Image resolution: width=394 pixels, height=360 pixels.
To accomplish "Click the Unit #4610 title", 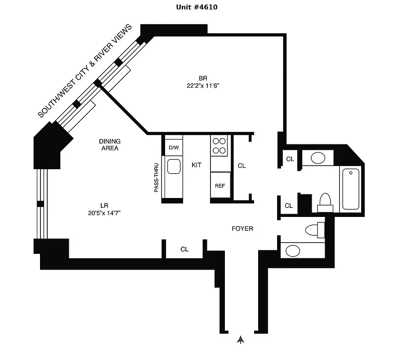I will [x=197, y=7].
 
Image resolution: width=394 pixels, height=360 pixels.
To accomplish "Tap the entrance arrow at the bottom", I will [x=241, y=340].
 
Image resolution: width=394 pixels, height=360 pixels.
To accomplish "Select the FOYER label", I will [x=242, y=229].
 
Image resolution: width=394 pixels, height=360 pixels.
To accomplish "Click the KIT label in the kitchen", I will [x=197, y=165].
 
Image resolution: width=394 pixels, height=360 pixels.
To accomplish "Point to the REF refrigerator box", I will [x=220, y=186].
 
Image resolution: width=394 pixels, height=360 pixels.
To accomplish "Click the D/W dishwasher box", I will [x=174, y=148].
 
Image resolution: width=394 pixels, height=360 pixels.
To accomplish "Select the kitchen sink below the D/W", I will [x=174, y=167].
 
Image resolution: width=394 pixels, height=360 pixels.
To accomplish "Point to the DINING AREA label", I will [x=110, y=144].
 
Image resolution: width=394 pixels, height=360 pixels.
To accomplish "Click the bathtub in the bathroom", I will [x=351, y=189].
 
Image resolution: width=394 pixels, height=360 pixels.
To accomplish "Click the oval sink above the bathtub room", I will [x=318, y=158].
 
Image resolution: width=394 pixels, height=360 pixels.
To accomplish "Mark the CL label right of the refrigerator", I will [x=242, y=166].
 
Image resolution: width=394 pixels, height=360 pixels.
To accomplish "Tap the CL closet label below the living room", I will [x=184, y=249].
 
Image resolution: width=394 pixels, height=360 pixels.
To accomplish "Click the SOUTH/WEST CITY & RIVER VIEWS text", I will [x=85, y=71].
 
